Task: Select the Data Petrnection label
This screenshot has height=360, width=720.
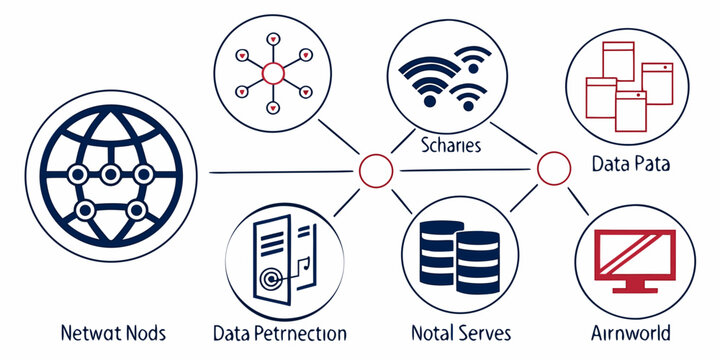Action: coord(281,332)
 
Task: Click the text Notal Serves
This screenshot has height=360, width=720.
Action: coord(461,332)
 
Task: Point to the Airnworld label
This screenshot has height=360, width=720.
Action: coord(630,332)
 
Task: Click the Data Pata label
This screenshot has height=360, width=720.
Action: coord(629,163)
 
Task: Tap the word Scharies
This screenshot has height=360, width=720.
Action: coord(451,145)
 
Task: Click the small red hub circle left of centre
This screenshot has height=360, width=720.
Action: coord(374,171)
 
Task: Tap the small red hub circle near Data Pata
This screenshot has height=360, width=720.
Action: coord(552,169)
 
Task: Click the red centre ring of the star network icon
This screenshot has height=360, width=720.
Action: coord(273,72)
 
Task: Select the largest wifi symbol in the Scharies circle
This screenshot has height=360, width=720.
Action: coord(425,70)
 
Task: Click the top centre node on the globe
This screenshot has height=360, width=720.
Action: coord(111,174)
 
